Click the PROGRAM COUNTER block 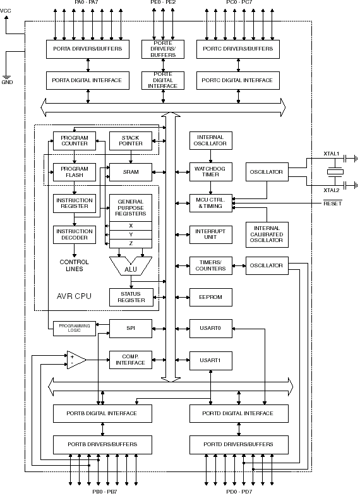[74, 140]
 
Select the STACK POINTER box [131, 140]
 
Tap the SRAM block [131, 172]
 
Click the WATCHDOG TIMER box [210, 172]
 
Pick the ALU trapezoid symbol [131, 268]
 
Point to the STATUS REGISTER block [131, 296]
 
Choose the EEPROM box [210, 296]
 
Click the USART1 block [210, 359]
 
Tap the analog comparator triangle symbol [76, 359]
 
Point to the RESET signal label [332, 203]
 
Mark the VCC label [6, 11]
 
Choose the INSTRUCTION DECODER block [74, 234]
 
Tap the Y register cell [131, 234]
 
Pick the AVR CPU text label [74, 296]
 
